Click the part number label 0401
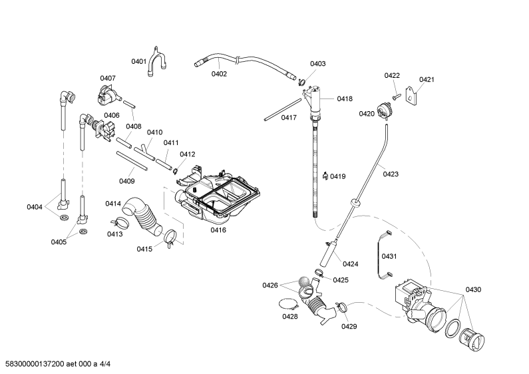pyautogui.click(x=138, y=61)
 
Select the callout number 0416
pyautogui.click(x=218, y=230)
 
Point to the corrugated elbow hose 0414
pyautogui.click(x=142, y=216)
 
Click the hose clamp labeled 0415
pyautogui.click(x=170, y=238)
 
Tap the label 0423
pyautogui.click(x=391, y=174)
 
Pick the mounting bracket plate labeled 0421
pyautogui.click(x=411, y=94)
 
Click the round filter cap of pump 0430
pyautogui.click(x=472, y=339)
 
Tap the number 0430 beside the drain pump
pyautogui.click(x=473, y=289)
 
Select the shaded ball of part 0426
pyautogui.click(x=304, y=281)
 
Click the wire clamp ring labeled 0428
pyautogui.click(x=289, y=304)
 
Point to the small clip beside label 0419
pyautogui.click(x=325, y=176)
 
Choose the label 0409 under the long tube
pyautogui.click(x=127, y=181)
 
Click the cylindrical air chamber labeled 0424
pyautogui.click(x=328, y=253)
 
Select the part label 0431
pyautogui.click(x=389, y=256)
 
